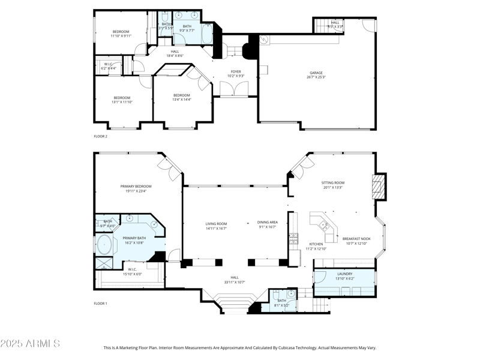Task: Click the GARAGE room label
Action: point(316,73)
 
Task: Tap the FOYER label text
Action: point(236,72)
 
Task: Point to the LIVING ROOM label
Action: point(217,224)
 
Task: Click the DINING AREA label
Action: point(268,222)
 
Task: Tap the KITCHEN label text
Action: point(316,244)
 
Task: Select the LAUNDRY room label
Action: point(344,274)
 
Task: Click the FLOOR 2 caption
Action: point(100,136)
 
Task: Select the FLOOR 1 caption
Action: point(100,304)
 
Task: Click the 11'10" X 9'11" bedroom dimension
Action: point(121,36)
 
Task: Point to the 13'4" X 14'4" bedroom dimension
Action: point(182,100)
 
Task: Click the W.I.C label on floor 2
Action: point(109,64)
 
